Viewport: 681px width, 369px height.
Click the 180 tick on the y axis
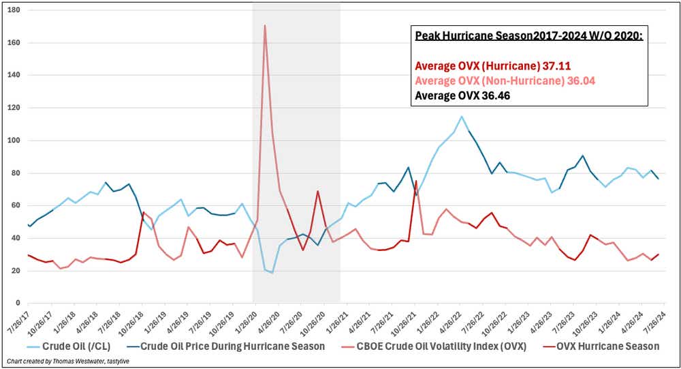tap(14, 10)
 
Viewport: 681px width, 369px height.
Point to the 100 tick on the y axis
tap(14, 141)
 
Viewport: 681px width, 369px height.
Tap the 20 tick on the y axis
tap(16, 271)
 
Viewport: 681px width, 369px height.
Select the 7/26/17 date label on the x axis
tap(19, 319)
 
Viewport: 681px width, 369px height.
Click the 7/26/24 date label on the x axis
tap(656, 319)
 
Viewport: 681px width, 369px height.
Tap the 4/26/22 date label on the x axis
tap(452, 319)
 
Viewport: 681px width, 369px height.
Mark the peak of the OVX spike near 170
tap(264, 26)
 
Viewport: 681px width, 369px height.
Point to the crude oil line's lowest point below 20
tap(272, 273)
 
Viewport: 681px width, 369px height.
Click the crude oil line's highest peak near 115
tap(462, 116)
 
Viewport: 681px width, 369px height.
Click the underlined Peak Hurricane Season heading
tap(528, 35)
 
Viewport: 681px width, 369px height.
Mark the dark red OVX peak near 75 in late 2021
tap(416, 181)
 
